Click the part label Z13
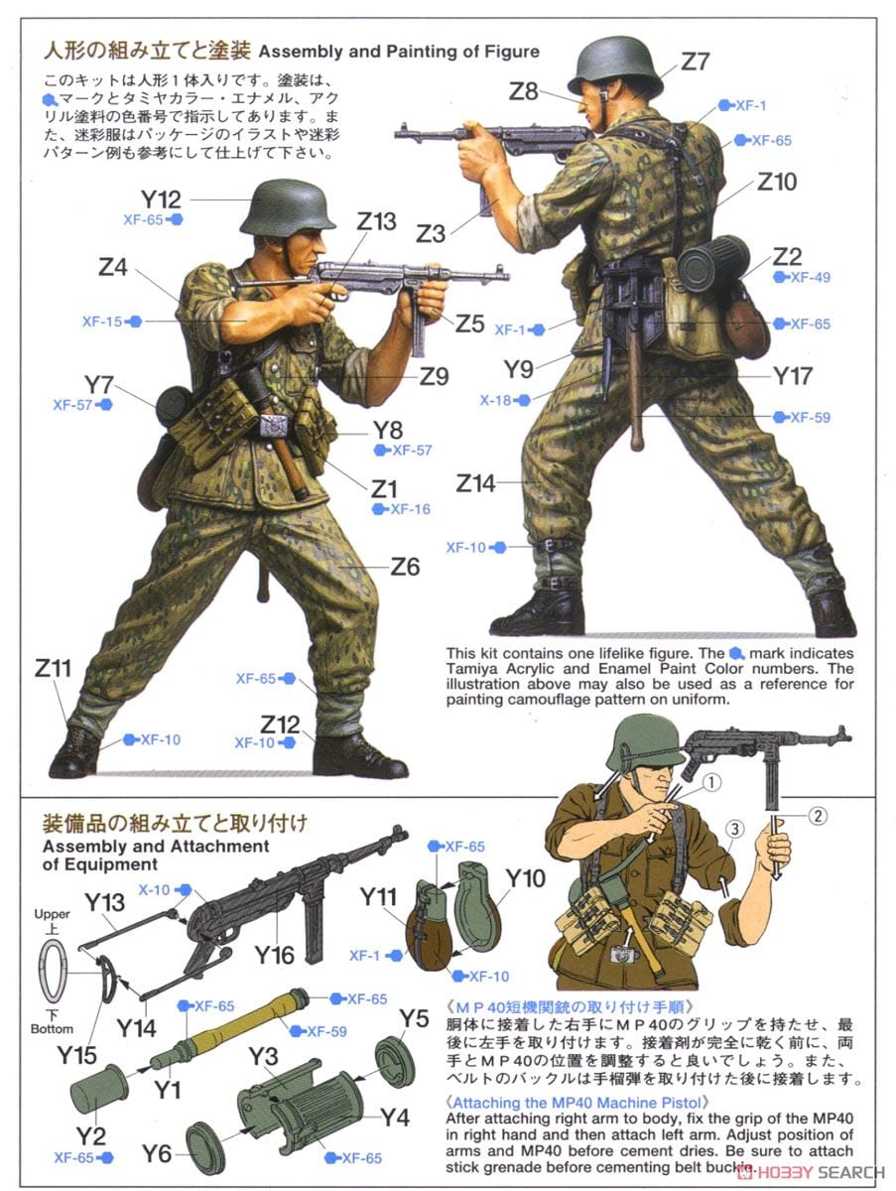[376, 221]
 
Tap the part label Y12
[161, 198]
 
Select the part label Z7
[695, 62]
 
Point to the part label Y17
[793, 376]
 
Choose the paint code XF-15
[102, 322]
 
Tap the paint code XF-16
[410, 509]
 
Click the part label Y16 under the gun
[274, 955]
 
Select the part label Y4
[394, 1118]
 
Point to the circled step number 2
[816, 818]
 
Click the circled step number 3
[732, 829]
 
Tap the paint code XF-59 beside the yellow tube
[325, 1031]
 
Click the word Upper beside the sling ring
[52, 913]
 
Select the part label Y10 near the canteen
[526, 879]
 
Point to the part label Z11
[54, 669]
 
